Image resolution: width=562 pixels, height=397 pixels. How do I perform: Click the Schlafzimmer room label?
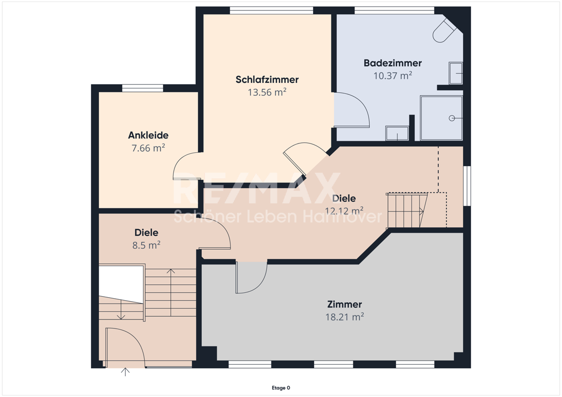tap(267, 79)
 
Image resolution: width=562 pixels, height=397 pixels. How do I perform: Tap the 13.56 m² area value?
tap(267, 92)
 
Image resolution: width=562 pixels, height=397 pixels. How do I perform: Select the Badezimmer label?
tap(393, 63)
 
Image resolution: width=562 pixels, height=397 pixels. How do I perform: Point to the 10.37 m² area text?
tap(393, 75)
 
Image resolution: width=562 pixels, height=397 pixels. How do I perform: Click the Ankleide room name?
tap(149, 135)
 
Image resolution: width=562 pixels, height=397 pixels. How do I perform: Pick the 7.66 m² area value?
tap(149, 148)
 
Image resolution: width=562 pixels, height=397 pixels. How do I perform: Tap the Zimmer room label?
tap(344, 304)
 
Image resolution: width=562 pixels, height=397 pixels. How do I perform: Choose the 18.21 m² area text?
tap(344, 317)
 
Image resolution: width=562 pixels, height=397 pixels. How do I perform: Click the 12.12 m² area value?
tap(344, 210)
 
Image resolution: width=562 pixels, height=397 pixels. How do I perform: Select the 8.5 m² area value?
tap(146, 245)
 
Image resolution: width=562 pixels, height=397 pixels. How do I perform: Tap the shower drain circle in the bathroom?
tap(452, 118)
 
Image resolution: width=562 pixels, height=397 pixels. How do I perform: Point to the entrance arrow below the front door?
tap(125, 372)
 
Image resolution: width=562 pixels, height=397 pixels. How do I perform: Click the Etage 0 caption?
tap(281, 388)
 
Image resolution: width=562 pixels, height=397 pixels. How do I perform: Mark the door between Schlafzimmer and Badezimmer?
tap(352, 110)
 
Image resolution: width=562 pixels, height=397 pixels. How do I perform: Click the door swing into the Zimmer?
tap(251, 278)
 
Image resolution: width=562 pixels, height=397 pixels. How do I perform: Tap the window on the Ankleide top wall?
tap(143, 88)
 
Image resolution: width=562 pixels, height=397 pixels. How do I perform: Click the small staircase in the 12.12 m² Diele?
tap(407, 210)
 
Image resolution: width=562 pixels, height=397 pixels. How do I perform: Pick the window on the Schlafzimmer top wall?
tap(271, 10)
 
